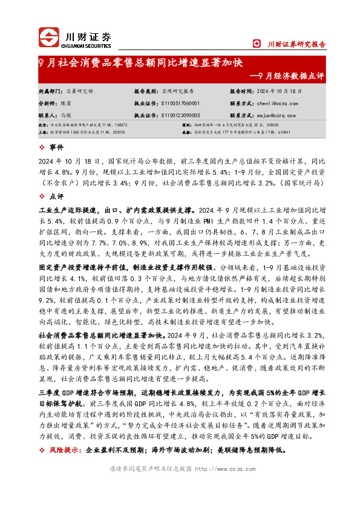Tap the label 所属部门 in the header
point(49,90)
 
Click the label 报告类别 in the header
point(145,90)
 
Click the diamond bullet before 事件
point(41,148)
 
